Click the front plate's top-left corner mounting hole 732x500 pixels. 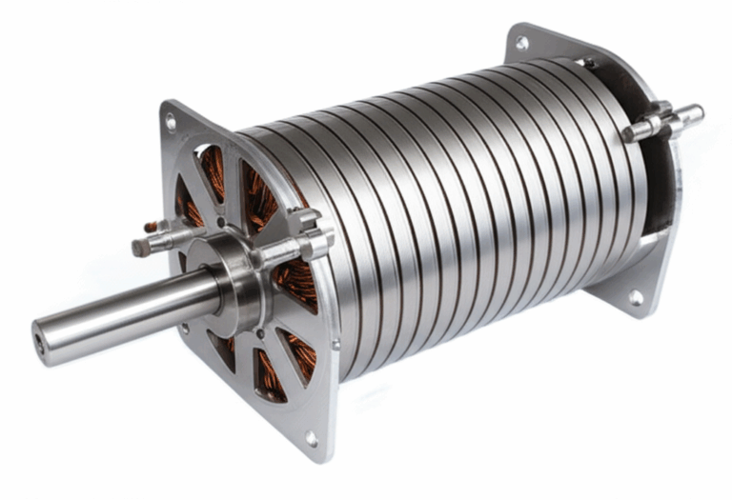click(x=171, y=122)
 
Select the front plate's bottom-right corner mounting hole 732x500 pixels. click(x=312, y=438)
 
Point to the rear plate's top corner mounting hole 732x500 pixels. click(x=521, y=43)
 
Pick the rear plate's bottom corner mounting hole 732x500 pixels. click(x=635, y=297)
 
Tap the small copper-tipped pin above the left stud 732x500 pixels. click(x=151, y=226)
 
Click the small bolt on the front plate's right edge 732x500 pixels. click(x=335, y=344)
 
